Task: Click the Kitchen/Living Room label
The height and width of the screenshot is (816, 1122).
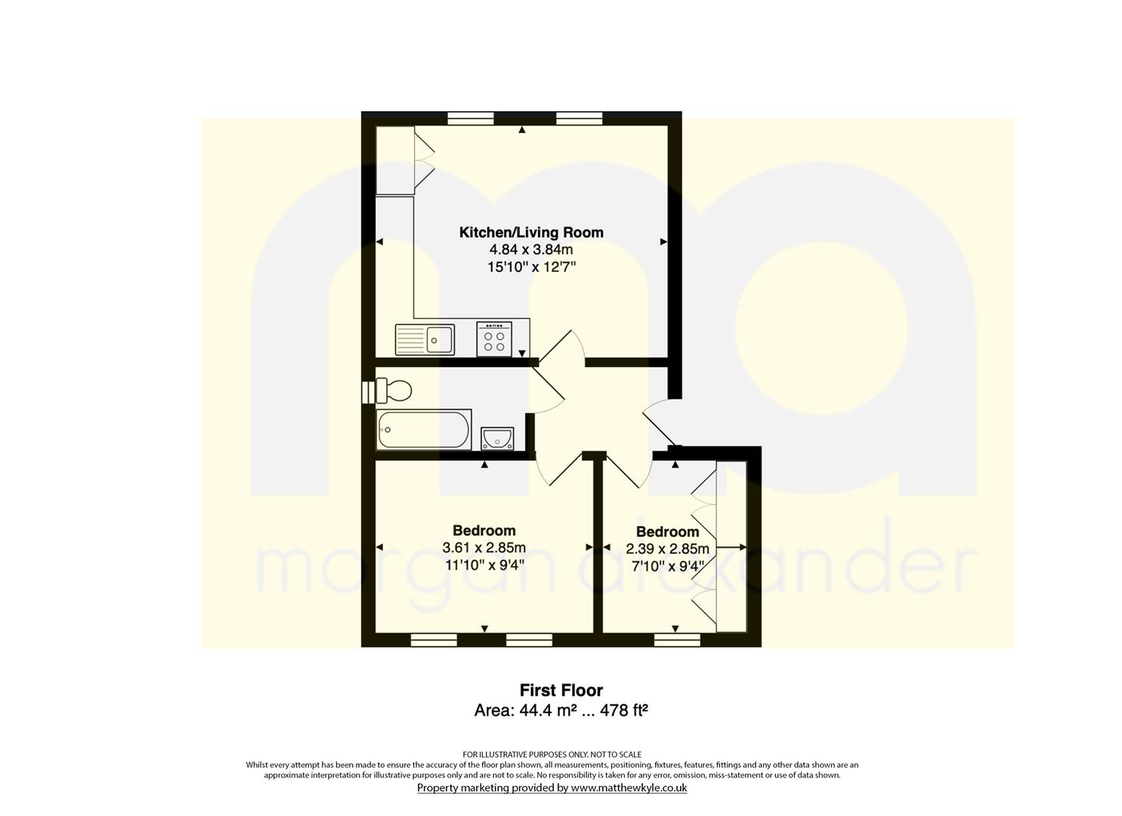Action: pos(531,233)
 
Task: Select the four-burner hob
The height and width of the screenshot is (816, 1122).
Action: pos(494,338)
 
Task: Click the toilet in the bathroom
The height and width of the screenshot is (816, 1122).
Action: pos(394,390)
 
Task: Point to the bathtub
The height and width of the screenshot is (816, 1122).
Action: pos(424,429)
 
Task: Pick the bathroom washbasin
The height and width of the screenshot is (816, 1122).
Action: pos(497,438)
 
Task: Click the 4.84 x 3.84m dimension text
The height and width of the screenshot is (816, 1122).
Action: pos(531,249)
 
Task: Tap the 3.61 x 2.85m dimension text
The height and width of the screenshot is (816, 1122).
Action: pos(484,548)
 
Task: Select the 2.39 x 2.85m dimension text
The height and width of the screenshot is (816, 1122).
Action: pos(667,549)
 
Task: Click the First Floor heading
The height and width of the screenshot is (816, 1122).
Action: pos(561,690)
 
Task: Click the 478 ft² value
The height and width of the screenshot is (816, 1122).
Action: pos(623,709)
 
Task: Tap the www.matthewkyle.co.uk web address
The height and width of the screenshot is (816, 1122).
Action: pos(629,787)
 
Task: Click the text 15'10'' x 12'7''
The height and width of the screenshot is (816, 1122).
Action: pos(531,267)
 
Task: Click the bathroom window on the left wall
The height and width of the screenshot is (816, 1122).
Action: pos(368,391)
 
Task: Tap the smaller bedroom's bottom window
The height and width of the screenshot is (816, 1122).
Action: pos(677,639)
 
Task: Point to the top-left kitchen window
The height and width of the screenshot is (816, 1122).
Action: pos(471,118)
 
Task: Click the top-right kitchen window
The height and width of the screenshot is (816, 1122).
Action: pos(579,118)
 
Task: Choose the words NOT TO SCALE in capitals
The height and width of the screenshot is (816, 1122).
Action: pos(616,754)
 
